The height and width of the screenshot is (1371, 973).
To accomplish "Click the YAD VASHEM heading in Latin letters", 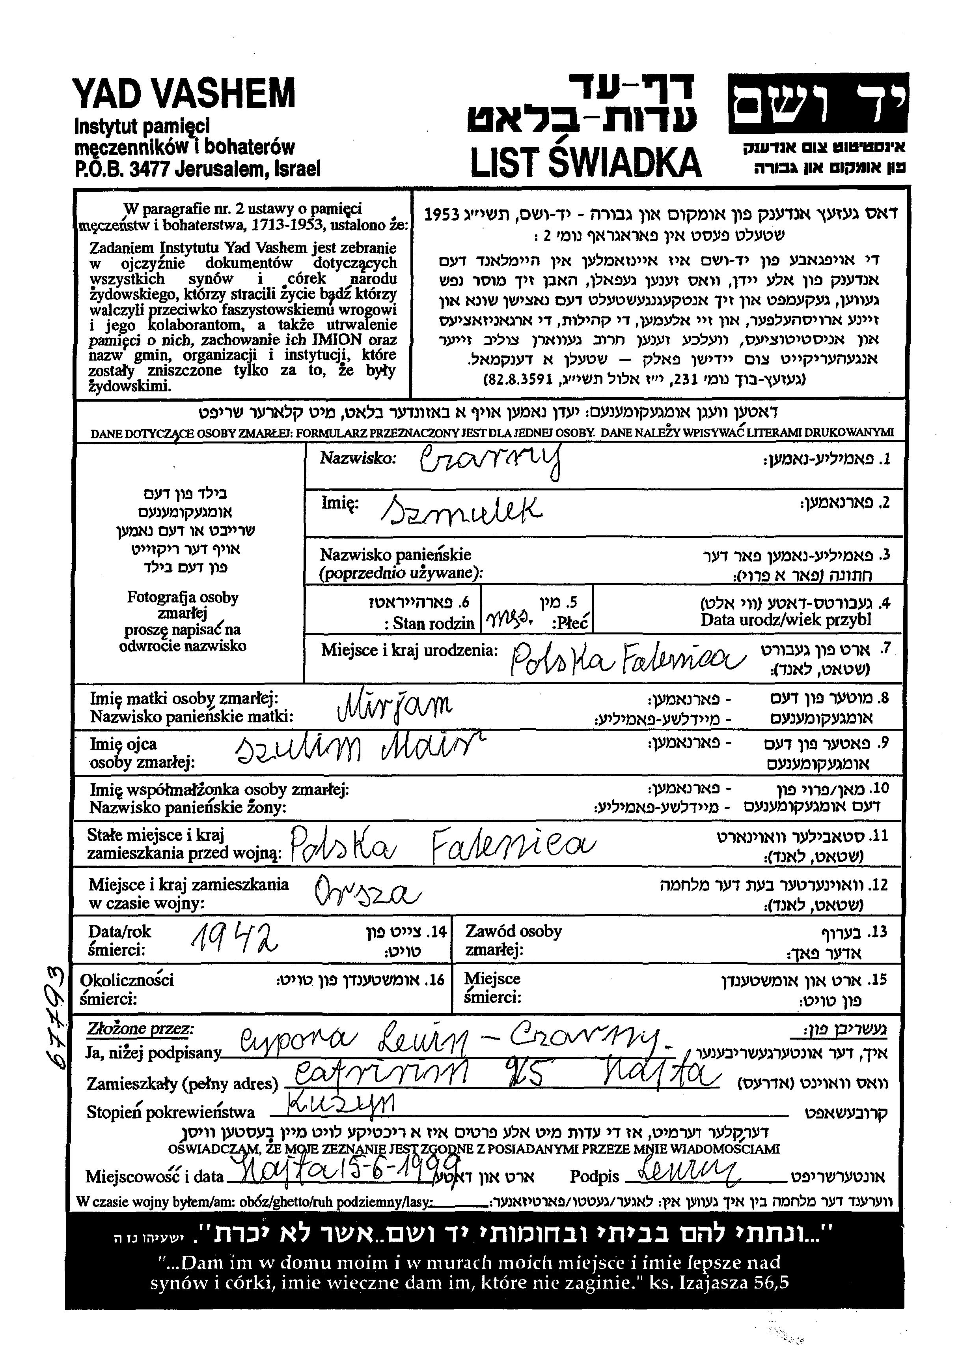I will (x=184, y=95).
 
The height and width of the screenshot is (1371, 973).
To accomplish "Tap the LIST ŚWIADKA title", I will (x=585, y=162).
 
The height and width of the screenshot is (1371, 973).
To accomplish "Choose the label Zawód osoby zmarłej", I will (x=513, y=940).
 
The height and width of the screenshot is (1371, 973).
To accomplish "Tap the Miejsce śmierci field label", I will (x=492, y=988).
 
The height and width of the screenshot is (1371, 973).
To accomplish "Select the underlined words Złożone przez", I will (x=140, y=1029).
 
